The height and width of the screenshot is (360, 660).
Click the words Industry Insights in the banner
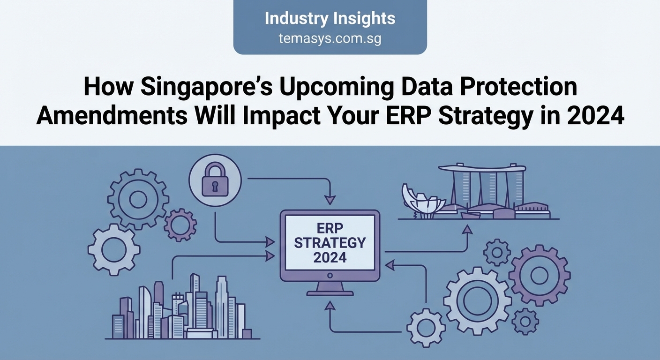[330, 19]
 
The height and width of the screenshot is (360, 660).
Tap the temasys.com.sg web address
[330, 39]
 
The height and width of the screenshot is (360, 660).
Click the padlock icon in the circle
[215, 181]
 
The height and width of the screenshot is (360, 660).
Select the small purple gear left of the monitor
[180, 225]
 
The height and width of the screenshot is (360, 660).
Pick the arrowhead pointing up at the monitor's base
[330, 306]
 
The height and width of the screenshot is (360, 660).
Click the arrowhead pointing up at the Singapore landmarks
[466, 229]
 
